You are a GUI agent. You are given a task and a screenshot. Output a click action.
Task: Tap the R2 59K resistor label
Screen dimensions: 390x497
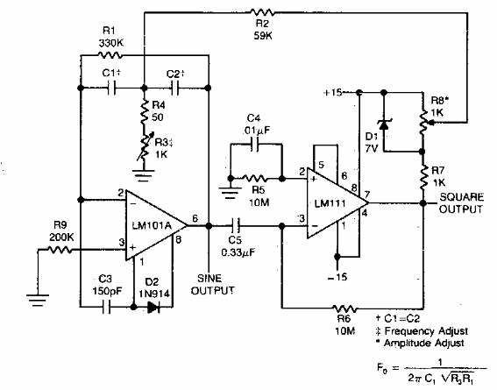click(x=260, y=28)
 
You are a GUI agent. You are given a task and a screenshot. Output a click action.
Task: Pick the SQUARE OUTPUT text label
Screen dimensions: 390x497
click(x=463, y=204)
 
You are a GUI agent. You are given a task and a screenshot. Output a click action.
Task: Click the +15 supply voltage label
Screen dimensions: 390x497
click(x=334, y=89)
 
